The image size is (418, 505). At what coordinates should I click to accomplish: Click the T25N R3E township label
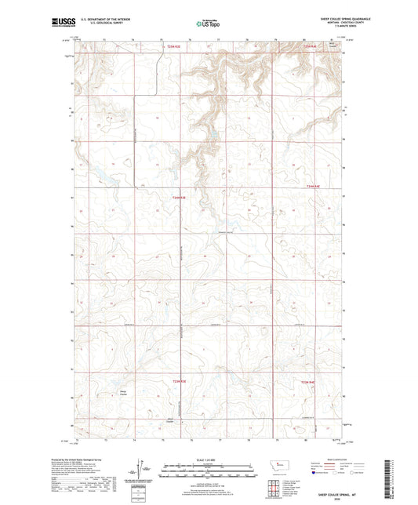[x=174, y=47]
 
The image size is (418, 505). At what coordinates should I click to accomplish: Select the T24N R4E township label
[x=314, y=186]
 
